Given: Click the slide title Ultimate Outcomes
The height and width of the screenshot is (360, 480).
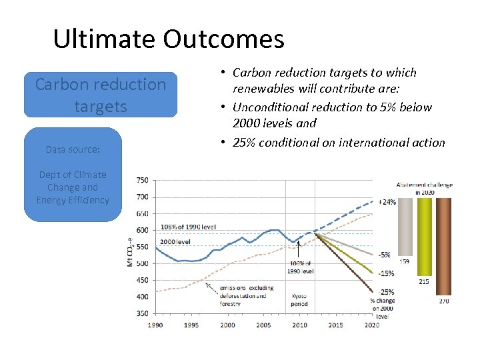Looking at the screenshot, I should (168, 39).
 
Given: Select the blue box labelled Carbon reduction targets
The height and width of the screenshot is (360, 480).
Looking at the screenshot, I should (101, 95).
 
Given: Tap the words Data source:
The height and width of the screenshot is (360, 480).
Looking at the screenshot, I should (73, 149).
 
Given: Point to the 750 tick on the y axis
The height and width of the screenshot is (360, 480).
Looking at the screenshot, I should (142, 180).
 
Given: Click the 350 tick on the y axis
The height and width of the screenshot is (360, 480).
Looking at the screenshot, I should (142, 313).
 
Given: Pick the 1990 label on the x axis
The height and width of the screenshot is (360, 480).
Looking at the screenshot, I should (155, 325).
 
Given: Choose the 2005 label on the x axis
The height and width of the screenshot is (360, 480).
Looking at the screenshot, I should (263, 325).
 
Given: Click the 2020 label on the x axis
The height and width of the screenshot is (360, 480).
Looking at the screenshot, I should (371, 325).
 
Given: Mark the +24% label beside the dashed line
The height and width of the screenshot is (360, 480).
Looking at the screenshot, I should (387, 202).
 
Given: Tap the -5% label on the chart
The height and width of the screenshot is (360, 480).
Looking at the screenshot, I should (385, 255).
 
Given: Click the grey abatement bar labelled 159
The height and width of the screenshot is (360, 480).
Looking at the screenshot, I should (405, 227).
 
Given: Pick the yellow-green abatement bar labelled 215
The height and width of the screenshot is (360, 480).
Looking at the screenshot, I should (424, 236).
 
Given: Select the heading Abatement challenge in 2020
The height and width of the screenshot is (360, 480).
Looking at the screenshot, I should (424, 188).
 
